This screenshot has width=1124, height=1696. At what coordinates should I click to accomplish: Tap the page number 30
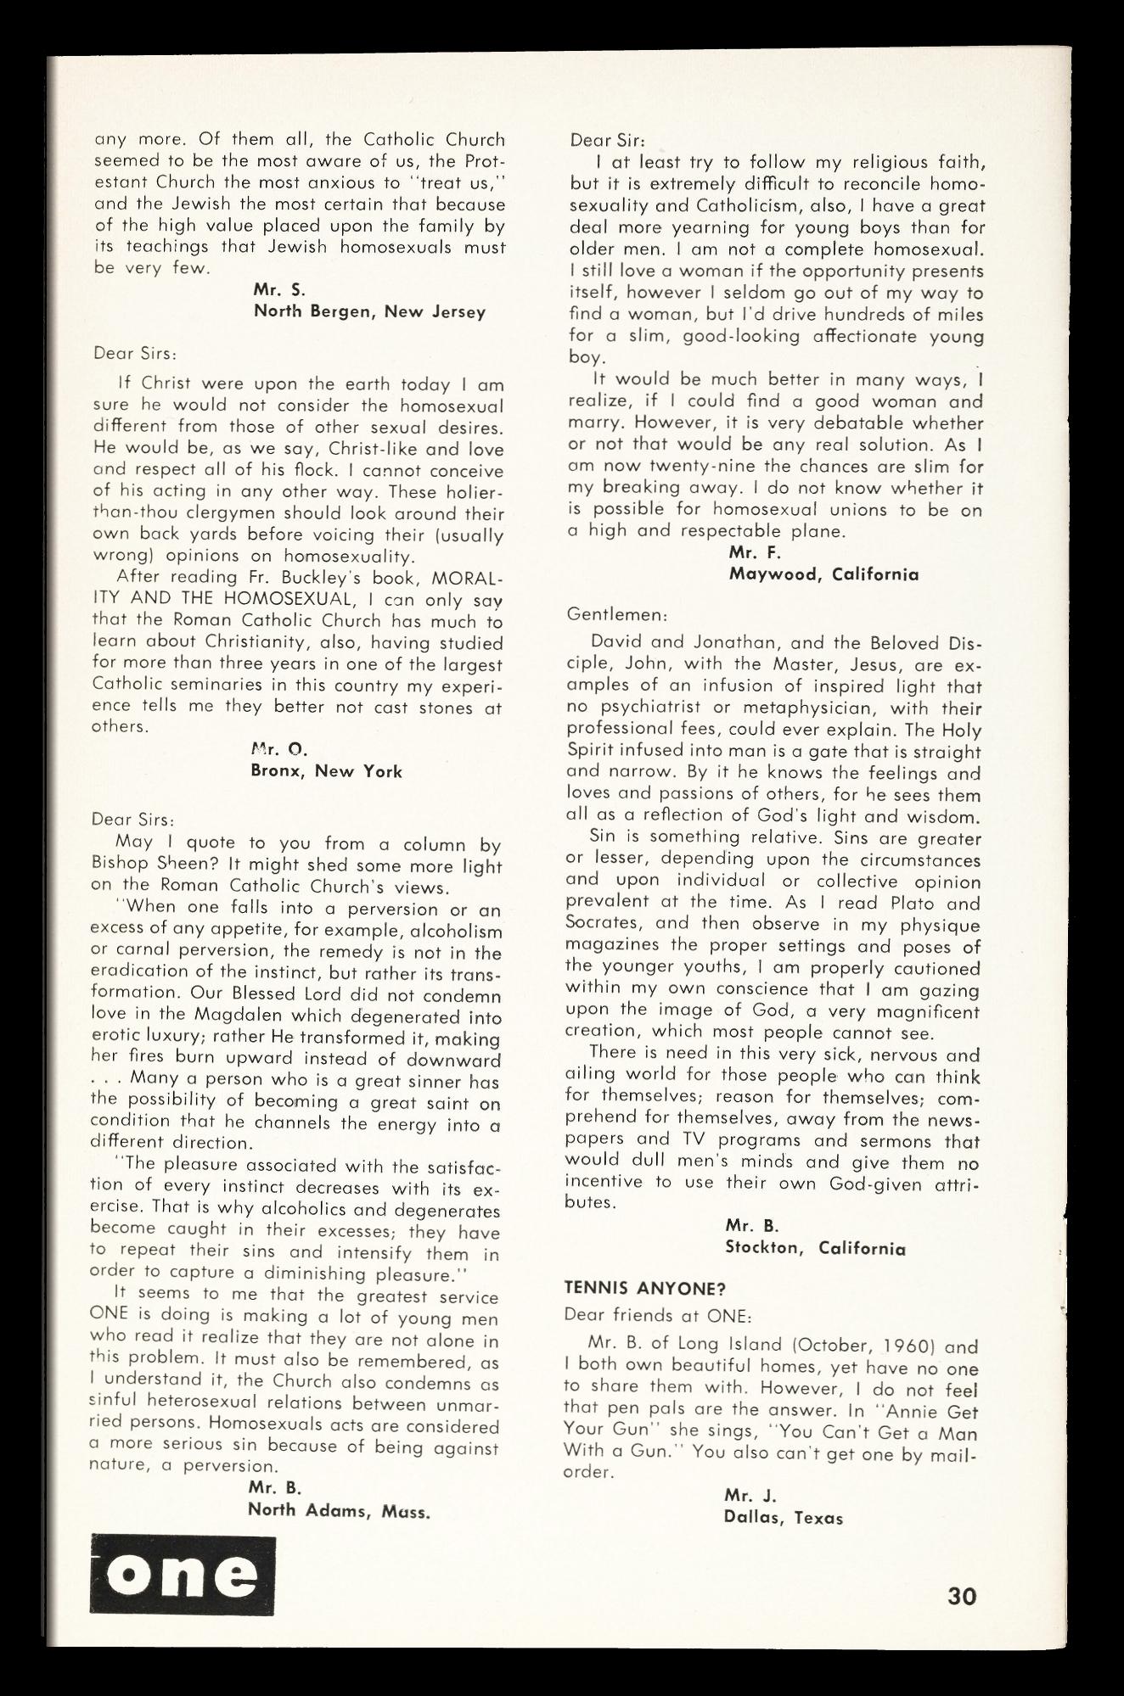pos(962,1596)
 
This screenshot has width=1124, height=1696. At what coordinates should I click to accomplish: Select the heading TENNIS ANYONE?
pos(644,1288)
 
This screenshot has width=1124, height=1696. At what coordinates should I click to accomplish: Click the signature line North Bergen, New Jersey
pos(369,311)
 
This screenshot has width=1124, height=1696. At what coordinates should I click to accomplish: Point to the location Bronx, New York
pos(326,771)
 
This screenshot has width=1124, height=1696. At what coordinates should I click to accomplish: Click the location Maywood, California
pos(823,574)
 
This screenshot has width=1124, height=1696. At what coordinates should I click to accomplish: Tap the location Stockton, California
pos(815,1248)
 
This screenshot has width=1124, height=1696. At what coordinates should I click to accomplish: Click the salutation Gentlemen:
pos(617,613)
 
